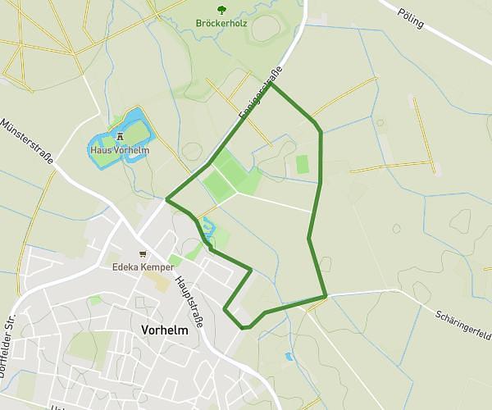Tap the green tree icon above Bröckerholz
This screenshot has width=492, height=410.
point(221,8)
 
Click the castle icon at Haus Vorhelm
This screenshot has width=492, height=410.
point(120,137)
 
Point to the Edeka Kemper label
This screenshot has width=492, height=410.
point(143,267)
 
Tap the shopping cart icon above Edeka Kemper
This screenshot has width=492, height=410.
point(143,255)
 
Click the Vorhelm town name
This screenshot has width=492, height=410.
point(164,330)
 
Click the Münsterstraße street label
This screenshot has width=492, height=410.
point(28,142)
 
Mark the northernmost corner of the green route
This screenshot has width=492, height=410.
point(271,84)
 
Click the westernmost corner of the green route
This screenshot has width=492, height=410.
point(167,198)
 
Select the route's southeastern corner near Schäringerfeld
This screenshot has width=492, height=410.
point(326,295)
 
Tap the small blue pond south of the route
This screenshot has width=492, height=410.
point(288,357)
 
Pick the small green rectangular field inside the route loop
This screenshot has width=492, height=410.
point(303,164)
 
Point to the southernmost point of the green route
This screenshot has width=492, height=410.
point(244,327)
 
